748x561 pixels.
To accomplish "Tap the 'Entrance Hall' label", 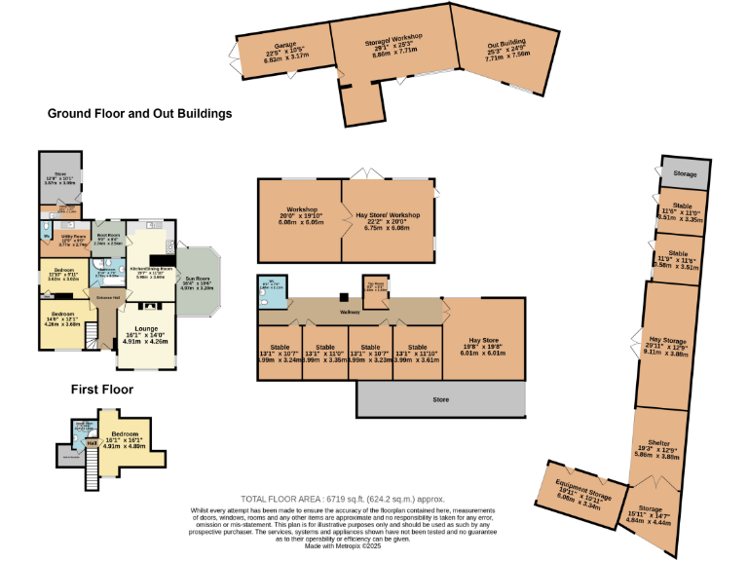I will click(106, 297).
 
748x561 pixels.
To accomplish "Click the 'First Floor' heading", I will click(101, 390).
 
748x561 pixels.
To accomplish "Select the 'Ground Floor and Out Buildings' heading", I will click(139, 114).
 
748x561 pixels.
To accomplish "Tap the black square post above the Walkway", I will click(343, 297).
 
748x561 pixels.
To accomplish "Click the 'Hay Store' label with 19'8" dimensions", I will click(483, 339).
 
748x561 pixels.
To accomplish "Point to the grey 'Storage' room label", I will click(686, 173).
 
